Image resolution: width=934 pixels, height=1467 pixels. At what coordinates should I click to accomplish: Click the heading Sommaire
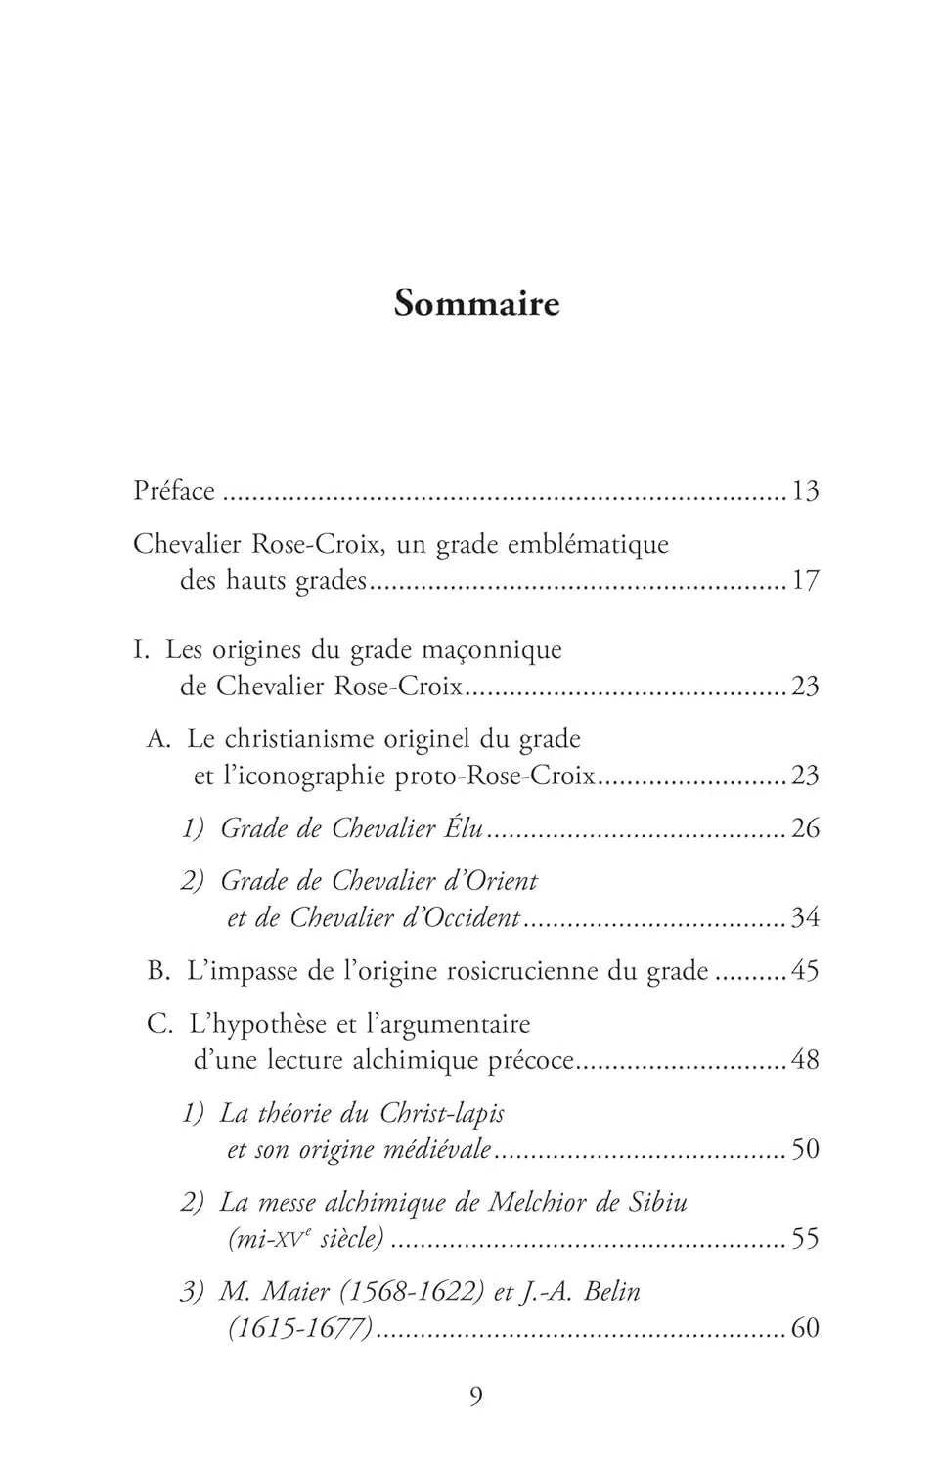[476, 303]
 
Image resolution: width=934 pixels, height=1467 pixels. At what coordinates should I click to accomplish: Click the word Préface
[174, 490]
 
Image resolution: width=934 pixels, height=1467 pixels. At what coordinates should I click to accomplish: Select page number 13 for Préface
[805, 491]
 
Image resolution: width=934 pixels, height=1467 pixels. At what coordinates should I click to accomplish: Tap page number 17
[805, 581]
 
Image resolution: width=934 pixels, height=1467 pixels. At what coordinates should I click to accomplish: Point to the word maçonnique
[505, 651]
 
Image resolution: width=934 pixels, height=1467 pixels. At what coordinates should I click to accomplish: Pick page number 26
[805, 829]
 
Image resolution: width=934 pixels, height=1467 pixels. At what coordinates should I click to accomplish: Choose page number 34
[805, 918]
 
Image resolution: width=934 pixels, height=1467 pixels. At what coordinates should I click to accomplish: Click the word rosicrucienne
[539, 971]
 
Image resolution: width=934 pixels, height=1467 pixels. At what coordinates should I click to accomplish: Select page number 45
[805, 971]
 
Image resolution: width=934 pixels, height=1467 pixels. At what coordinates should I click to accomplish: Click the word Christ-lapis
[442, 1114]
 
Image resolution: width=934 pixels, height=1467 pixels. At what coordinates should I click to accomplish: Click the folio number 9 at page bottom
[476, 1397]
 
